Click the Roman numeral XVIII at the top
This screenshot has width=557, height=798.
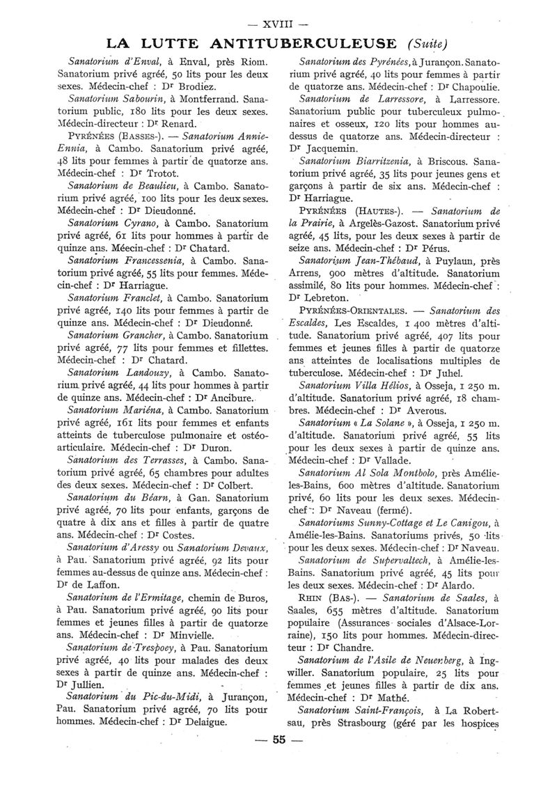pyautogui.click(x=278, y=12)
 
